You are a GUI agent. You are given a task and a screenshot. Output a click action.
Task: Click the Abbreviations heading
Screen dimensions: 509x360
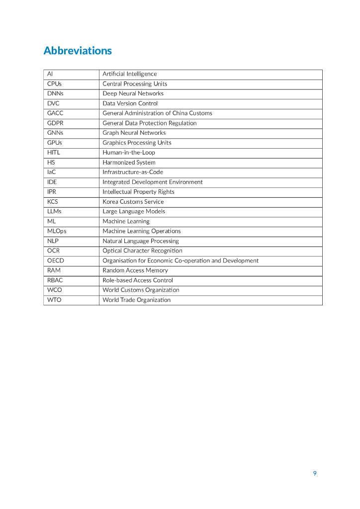click(78, 51)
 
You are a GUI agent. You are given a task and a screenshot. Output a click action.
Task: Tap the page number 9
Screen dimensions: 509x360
click(315, 473)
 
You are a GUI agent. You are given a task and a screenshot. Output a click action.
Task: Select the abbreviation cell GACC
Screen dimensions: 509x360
click(55, 113)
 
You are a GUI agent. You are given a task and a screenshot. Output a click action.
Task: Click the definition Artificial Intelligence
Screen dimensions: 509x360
click(129, 74)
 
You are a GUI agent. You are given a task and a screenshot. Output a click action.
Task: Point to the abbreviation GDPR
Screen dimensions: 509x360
click(55, 123)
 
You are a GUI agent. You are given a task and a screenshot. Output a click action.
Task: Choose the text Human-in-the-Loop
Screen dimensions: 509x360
click(129, 153)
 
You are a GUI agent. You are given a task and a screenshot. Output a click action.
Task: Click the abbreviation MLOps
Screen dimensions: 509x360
click(57, 231)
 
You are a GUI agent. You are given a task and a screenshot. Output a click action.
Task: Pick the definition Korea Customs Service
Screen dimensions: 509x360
click(133, 202)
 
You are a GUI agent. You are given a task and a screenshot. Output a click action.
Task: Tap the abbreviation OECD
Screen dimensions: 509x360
click(56, 260)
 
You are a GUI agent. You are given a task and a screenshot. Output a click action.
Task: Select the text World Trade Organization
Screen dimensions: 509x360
click(136, 300)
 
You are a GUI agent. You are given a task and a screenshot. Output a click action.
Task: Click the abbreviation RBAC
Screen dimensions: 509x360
click(55, 280)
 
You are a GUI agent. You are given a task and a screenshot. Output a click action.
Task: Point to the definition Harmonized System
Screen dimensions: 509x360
click(129, 163)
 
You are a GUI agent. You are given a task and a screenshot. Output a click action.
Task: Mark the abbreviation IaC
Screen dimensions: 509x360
click(52, 172)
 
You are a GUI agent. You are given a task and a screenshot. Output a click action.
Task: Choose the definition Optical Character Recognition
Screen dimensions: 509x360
click(142, 251)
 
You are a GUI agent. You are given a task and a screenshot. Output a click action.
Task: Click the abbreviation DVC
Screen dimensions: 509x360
click(53, 103)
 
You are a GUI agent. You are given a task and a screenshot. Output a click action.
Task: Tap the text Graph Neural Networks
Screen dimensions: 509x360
click(134, 133)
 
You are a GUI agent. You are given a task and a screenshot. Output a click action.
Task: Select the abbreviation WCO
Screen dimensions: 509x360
click(55, 290)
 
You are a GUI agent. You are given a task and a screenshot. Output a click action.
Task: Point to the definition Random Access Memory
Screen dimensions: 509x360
click(135, 270)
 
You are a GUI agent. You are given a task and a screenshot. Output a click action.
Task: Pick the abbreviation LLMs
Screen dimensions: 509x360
click(54, 211)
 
